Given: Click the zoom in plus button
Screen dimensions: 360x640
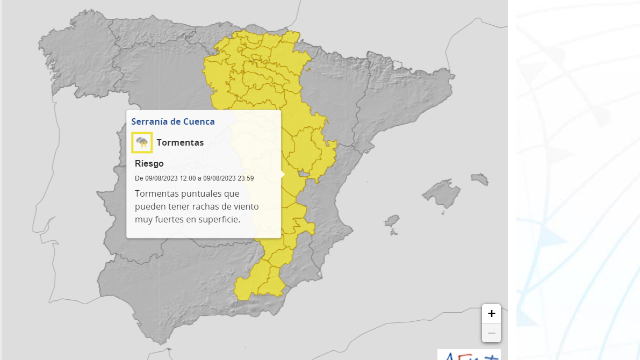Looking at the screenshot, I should (x=491, y=314).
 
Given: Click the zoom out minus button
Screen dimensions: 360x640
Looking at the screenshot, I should (x=491, y=333).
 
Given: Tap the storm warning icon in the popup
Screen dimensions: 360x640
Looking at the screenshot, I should (x=142, y=142).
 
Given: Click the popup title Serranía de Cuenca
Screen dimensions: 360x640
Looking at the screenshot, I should (x=173, y=121).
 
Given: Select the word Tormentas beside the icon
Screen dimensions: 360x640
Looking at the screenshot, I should (x=180, y=142).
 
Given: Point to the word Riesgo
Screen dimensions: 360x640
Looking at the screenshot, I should (x=149, y=163).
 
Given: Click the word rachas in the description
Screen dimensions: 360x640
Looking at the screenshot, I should (x=211, y=206).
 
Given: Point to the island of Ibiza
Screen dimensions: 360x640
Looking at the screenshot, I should (x=392, y=221).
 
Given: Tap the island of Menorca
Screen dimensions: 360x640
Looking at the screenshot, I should (x=479, y=178).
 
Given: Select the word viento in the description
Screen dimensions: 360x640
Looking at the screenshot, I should (x=243, y=206).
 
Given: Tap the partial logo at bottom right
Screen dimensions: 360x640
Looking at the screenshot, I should (x=469, y=355).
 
